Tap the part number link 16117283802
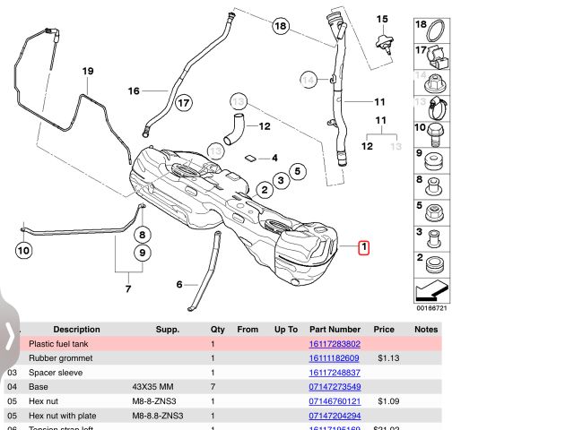335,344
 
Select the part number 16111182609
335,358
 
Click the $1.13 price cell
387,358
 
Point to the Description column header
76,330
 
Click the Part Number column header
335,330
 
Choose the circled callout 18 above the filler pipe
281,27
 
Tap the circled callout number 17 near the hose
183,102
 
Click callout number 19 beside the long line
88,71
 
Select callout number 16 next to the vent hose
134,90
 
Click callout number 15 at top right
382,19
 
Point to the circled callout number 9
141,253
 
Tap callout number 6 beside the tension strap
179,285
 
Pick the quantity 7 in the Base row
213,387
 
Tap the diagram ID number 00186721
431,308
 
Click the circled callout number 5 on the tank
299,171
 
